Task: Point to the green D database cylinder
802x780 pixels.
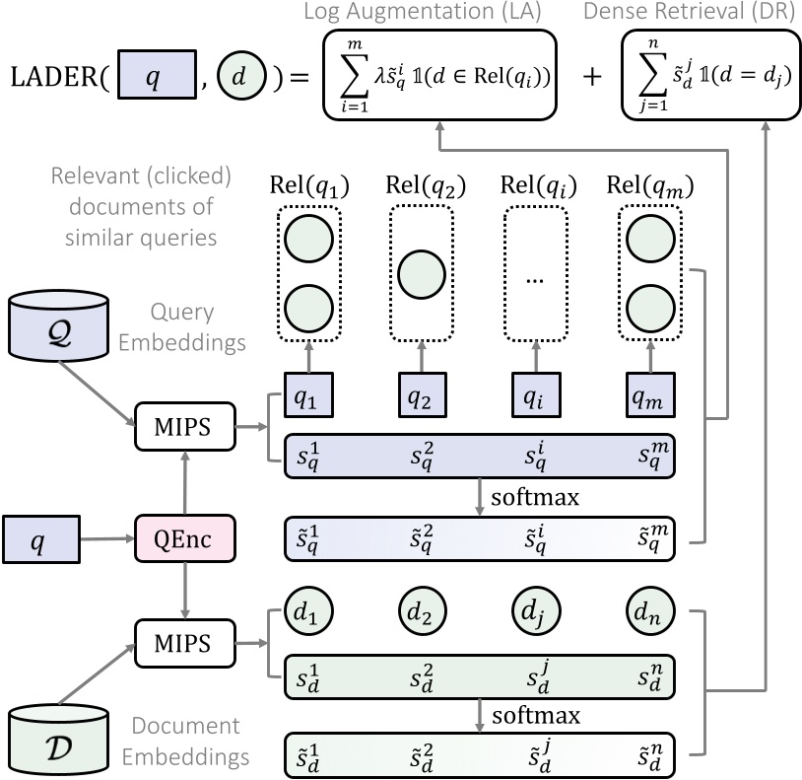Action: pos(46,740)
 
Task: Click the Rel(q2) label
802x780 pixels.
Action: pos(422,185)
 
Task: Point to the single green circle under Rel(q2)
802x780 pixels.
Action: pos(422,273)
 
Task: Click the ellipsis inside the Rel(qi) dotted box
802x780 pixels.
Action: pos(534,279)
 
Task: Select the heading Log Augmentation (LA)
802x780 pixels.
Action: pos(440,13)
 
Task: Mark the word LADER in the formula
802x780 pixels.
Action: pos(56,78)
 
